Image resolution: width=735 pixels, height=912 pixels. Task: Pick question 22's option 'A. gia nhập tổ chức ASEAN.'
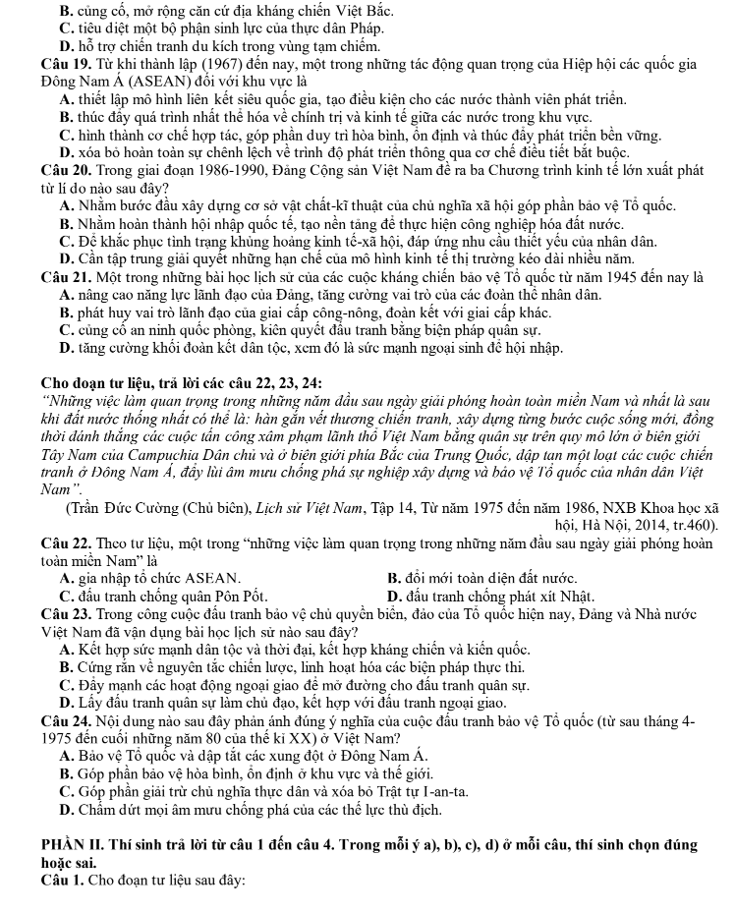[x=148, y=576]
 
